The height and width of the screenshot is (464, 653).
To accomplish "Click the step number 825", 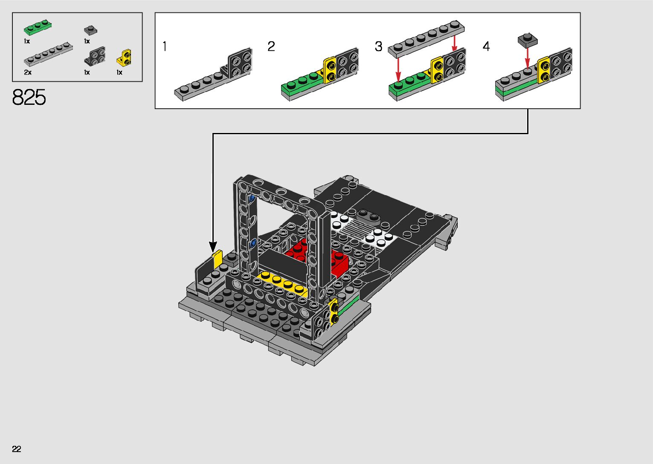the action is pos(29,97).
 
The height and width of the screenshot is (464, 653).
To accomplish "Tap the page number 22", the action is pos(17,449).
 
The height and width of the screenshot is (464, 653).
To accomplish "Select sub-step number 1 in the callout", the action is pos(165,46).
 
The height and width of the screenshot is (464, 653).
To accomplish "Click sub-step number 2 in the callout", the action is pos(271,46).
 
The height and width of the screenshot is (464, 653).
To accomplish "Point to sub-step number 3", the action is pos(378,46).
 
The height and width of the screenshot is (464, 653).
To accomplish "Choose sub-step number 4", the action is pos(486,46).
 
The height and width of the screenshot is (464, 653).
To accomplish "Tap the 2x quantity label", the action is pos(28,72).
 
